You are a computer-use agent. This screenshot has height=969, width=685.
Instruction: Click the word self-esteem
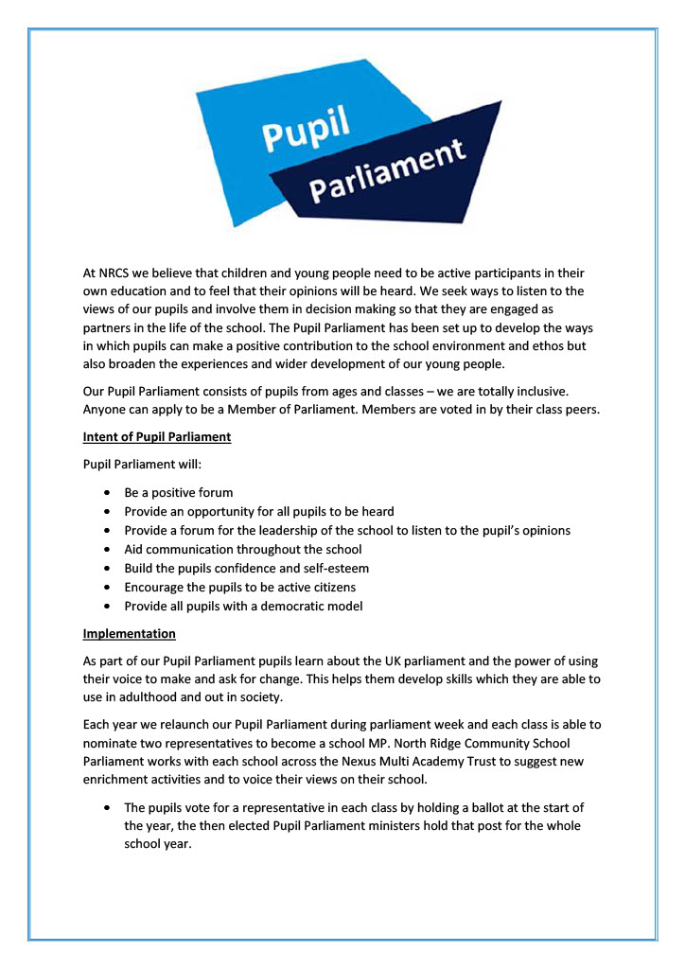(330, 569)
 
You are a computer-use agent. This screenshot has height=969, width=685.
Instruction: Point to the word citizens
(328, 588)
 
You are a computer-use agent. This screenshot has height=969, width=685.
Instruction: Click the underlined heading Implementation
(129, 633)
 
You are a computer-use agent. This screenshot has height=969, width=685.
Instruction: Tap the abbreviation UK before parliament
(410, 661)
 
